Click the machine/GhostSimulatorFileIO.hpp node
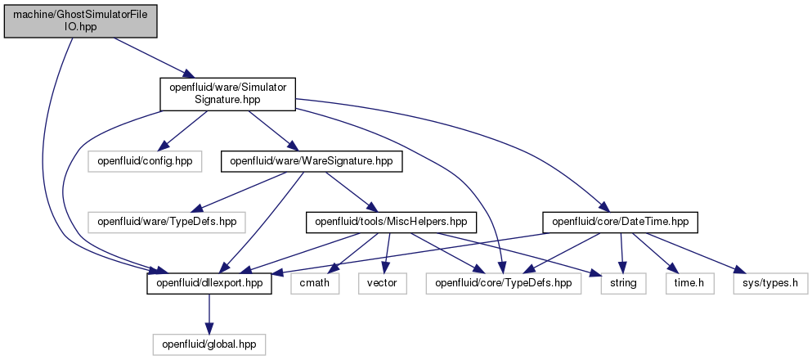click(80, 20)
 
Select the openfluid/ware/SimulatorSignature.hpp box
click(227, 94)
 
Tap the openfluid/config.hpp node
click(144, 162)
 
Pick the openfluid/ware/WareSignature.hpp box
click(312, 162)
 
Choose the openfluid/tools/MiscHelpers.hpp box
click(392, 223)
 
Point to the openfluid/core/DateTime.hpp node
click(621, 223)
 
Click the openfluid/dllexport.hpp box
click(209, 284)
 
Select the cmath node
click(315, 284)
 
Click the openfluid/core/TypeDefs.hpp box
click(504, 284)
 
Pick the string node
click(623, 284)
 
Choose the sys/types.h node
click(770, 284)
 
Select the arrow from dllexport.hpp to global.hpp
click(209, 314)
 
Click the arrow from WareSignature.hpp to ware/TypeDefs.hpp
click(238, 192)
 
